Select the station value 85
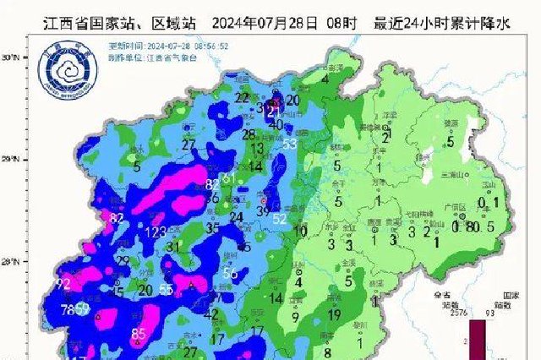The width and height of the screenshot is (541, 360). pos(139,333)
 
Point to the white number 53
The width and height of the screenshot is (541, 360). pos(289,145)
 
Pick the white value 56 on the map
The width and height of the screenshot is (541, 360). pos(229,273)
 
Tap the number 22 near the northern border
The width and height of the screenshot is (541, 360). pos(243,99)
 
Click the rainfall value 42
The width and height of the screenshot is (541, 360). pos(212,314)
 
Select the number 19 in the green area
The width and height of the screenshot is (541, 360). pos(334,314)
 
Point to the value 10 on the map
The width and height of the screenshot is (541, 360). pos(300,230)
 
